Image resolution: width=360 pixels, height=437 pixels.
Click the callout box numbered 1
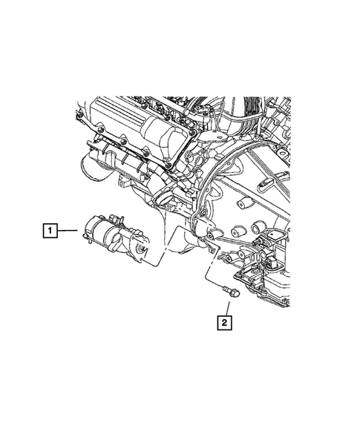coord(50,230)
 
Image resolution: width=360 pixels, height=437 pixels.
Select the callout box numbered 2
coord(224,323)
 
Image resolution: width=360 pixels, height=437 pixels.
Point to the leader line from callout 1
coord(68,230)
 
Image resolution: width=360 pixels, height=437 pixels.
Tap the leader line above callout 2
coord(228,309)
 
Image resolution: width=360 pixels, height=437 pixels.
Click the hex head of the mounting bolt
coord(235,295)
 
